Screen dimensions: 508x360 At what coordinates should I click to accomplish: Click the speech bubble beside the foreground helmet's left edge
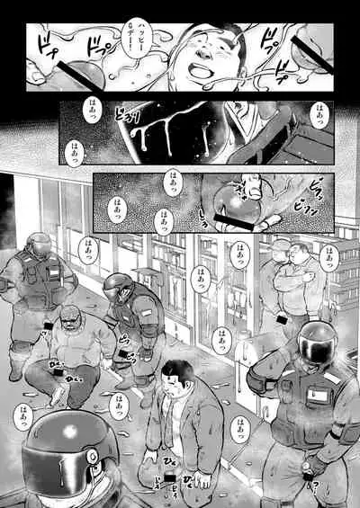20,414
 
